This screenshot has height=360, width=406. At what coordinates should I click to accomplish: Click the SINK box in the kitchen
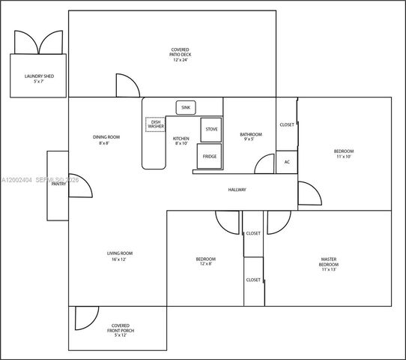click(186, 108)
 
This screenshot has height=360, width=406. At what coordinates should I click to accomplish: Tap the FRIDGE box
click(209, 156)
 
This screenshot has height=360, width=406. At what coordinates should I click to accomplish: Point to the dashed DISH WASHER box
click(156, 124)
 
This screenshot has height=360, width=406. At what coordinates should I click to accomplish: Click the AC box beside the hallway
click(286, 160)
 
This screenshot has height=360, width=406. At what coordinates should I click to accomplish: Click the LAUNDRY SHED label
click(39, 78)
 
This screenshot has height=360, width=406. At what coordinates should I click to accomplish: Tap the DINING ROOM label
click(106, 139)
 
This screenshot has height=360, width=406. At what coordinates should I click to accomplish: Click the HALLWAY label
click(237, 190)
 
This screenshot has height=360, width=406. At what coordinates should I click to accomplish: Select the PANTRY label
click(59, 183)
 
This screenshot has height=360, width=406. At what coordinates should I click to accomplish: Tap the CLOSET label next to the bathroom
click(287, 124)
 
